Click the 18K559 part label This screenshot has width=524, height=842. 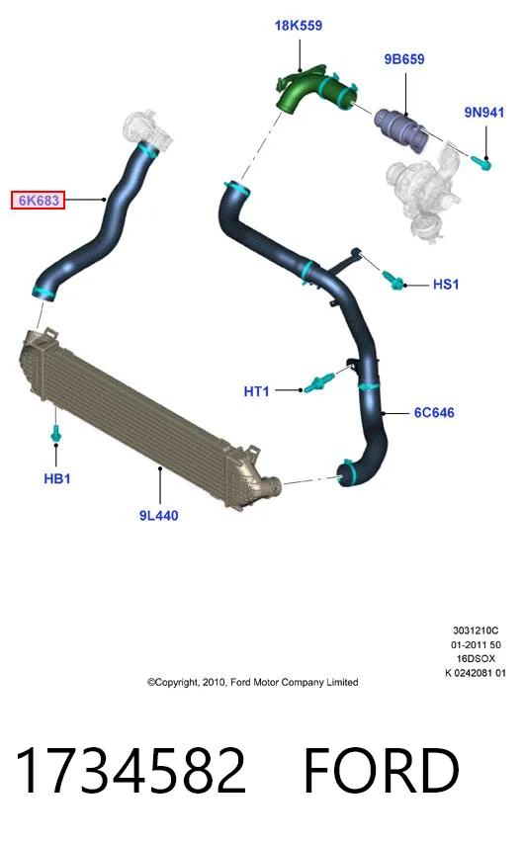[299, 26]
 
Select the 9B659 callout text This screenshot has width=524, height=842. [404, 59]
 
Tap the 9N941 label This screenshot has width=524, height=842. [484, 113]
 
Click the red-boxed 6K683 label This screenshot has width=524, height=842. [39, 201]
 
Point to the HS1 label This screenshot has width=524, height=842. [446, 284]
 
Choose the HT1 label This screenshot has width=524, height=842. [256, 391]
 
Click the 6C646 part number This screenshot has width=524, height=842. [434, 412]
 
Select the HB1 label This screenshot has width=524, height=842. [57, 478]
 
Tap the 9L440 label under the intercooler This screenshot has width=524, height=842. [158, 516]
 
